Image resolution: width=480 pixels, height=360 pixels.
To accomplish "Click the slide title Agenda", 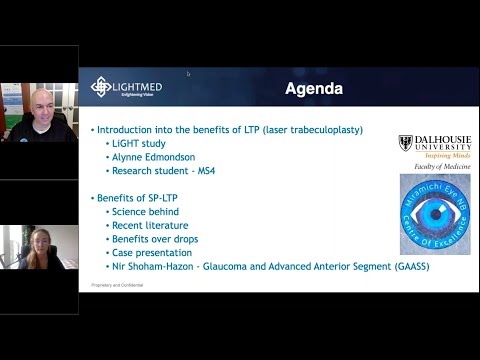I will [x=314, y=89].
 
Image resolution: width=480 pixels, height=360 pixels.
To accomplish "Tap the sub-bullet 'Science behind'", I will [x=145, y=212].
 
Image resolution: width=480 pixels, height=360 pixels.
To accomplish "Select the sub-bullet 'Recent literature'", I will [x=149, y=225].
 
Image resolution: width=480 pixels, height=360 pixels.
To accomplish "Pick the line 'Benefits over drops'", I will [x=153, y=239].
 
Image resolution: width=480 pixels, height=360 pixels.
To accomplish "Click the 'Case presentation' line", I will [x=151, y=252].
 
